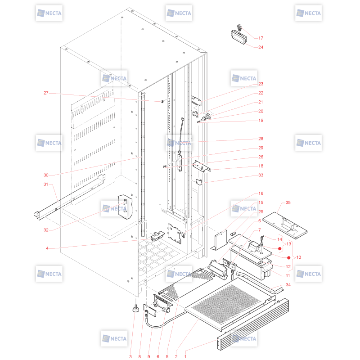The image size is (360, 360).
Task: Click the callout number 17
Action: tap(261, 38)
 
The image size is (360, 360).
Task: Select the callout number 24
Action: tap(261, 47)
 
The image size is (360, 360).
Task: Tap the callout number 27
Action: tap(46, 93)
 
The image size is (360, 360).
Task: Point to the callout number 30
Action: tap(46, 175)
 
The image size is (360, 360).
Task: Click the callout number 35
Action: tap(288, 202)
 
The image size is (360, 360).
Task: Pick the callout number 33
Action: tap(261, 175)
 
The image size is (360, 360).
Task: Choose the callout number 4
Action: tap(47, 248)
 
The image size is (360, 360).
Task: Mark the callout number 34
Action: tap(288, 285)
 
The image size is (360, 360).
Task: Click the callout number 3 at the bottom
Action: tap(130, 356)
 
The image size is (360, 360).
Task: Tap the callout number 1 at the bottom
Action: tap(185, 356)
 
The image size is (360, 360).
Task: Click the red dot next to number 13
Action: tap(279, 249)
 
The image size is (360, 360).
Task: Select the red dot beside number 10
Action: tap(289, 258)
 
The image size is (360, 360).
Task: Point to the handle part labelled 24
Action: tap(239, 37)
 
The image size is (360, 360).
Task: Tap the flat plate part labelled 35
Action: tap(285, 225)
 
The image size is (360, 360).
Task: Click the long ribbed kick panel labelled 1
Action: tap(253, 324)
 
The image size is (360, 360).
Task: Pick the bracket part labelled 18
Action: tap(202, 166)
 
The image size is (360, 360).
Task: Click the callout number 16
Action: tap(261, 193)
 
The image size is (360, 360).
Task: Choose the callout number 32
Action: tap(46, 230)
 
